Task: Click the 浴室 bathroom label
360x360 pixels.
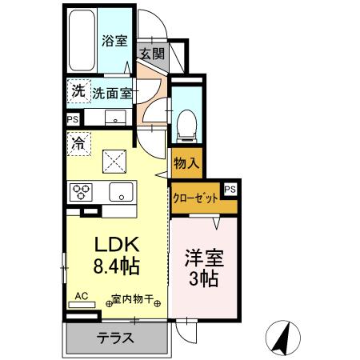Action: tap(114, 41)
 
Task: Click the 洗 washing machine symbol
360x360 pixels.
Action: tap(77, 90)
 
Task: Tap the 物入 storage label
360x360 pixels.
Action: tap(186, 163)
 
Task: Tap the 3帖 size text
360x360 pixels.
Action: tap(204, 282)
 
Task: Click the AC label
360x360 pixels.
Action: tap(81, 295)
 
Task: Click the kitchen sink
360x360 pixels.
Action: tap(122, 192)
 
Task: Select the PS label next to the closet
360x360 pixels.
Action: tap(230, 189)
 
